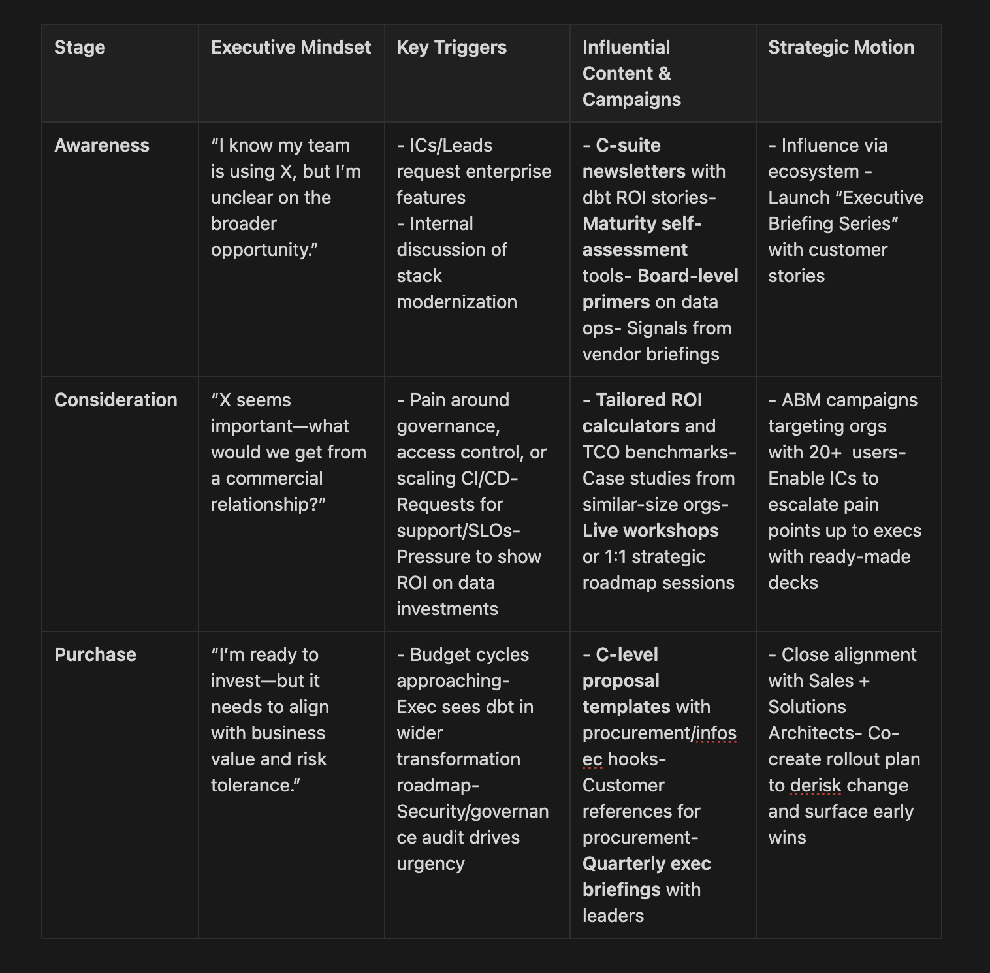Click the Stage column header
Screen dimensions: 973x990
pos(80,48)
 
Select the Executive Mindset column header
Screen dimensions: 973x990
pos(291,48)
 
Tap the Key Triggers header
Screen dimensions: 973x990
pos(451,48)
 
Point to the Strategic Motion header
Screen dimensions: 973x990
pos(840,48)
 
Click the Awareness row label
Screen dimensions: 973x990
pos(102,146)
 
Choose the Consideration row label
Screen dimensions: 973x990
pos(116,400)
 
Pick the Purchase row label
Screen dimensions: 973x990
pos(95,655)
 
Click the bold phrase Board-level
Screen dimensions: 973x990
pos(688,276)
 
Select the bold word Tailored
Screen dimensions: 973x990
pos(628,400)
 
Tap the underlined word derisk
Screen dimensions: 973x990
pos(816,786)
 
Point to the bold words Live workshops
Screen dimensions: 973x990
pos(650,531)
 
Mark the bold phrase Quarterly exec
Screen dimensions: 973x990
pos(647,864)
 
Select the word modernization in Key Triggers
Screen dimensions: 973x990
pos(456,302)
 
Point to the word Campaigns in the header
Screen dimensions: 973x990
pos(631,100)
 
